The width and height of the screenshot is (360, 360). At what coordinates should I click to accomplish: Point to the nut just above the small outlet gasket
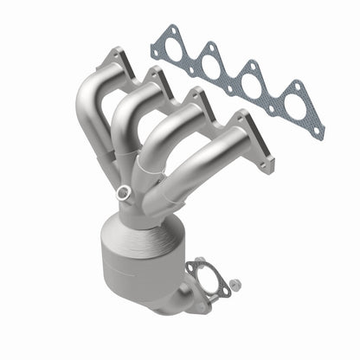point(202,260)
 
